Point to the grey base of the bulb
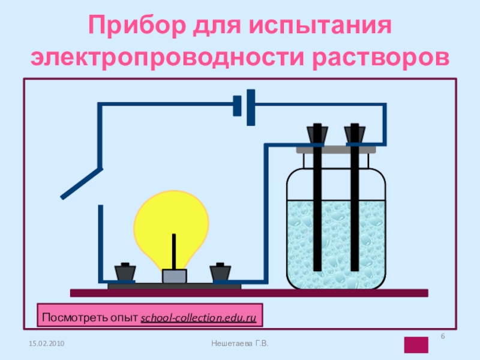[175, 276]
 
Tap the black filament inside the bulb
[175, 251]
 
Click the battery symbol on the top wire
[245, 104]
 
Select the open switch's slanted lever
[81, 184]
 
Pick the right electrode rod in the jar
[355, 210]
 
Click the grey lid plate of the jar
[336, 148]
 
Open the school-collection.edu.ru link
[198, 316]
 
